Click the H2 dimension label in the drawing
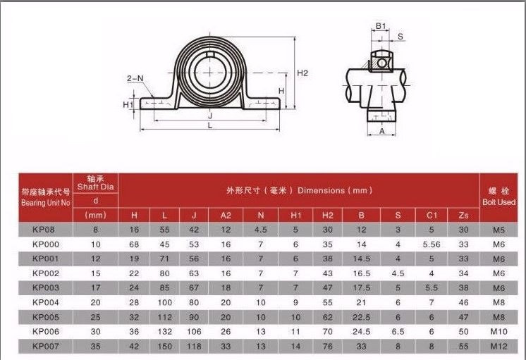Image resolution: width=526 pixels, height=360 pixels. (x=302, y=73)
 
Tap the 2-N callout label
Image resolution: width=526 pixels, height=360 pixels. (x=135, y=78)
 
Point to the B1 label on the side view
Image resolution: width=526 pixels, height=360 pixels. (x=381, y=26)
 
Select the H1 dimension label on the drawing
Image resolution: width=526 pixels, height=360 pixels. (x=128, y=104)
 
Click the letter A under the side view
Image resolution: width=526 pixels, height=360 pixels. (x=381, y=132)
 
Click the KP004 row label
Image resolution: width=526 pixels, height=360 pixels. (x=46, y=302)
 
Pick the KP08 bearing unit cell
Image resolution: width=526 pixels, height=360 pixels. (x=44, y=230)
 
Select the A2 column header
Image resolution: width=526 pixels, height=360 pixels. (x=226, y=215)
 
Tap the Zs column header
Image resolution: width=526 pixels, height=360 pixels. (x=463, y=215)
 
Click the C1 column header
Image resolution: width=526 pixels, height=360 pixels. (x=432, y=215)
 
